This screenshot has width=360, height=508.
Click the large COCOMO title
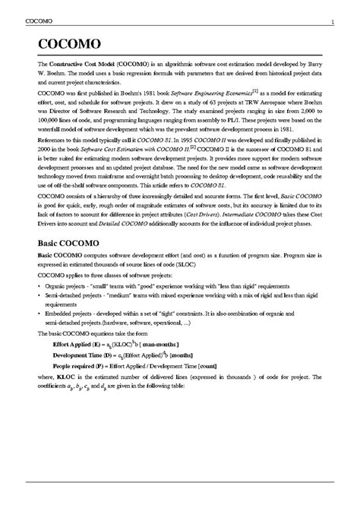(x=69, y=43)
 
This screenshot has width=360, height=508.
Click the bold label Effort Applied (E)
(x=81, y=344)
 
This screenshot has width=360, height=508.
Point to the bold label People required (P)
(x=83, y=365)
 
